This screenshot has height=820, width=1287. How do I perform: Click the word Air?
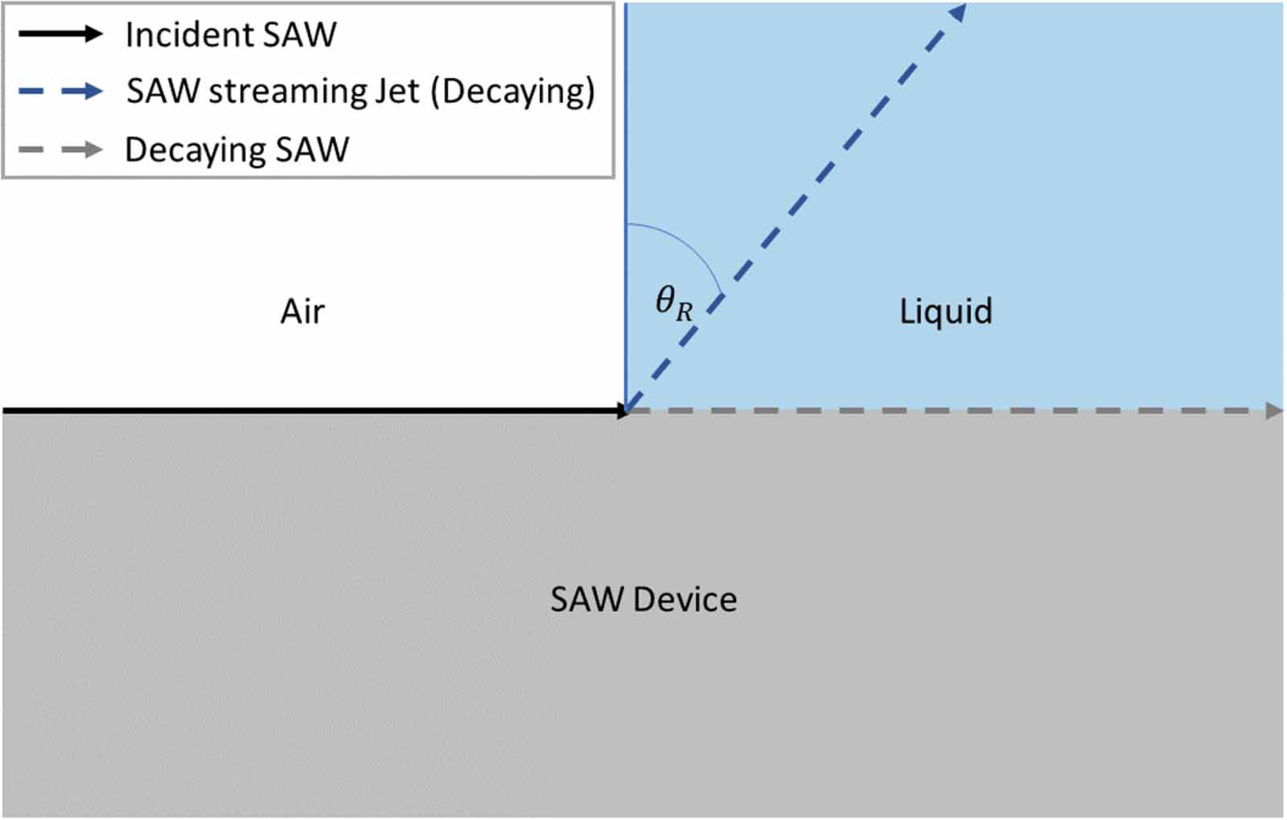coord(302,312)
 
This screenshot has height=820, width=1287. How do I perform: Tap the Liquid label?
coord(945,312)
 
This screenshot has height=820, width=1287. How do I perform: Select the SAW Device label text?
coord(643,600)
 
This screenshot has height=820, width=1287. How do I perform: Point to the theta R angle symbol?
coord(673,303)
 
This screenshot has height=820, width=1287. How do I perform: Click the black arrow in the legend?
coord(60,34)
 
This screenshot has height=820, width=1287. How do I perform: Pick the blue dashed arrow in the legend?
coord(60,91)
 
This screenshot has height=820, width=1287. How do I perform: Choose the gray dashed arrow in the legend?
coord(60,150)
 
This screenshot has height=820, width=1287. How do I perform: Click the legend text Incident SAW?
coord(231,35)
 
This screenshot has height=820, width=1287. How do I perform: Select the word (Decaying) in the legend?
coord(513,92)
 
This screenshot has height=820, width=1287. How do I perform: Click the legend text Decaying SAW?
coord(237,150)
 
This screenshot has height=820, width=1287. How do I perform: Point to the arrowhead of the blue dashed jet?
coord(958,11)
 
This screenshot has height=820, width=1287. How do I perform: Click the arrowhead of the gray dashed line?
coord(1274,411)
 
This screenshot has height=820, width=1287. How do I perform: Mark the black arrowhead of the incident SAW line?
coord(623,411)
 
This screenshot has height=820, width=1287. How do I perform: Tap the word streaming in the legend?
coord(286,92)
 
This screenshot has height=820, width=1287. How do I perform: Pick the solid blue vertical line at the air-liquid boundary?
coord(626,161)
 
